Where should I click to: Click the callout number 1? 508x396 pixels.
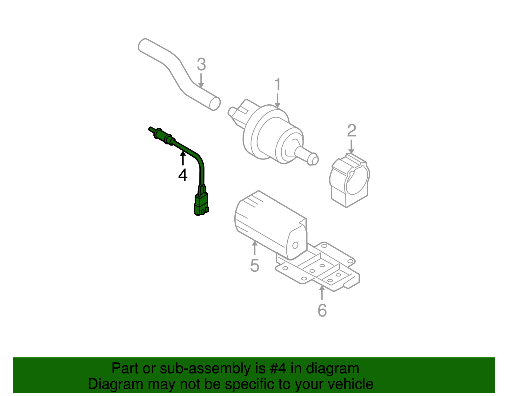click(x=277, y=85)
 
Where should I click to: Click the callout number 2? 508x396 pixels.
click(x=351, y=131)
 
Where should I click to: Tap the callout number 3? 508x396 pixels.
click(x=201, y=65)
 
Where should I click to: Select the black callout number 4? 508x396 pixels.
click(x=183, y=175)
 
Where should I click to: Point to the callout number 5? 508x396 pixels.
click(x=255, y=265)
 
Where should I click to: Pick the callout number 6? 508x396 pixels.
click(x=322, y=310)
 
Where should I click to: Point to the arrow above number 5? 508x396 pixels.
click(x=255, y=248)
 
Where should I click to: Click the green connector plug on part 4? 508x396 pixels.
click(x=201, y=203)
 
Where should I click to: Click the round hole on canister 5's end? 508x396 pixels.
click(x=295, y=245)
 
